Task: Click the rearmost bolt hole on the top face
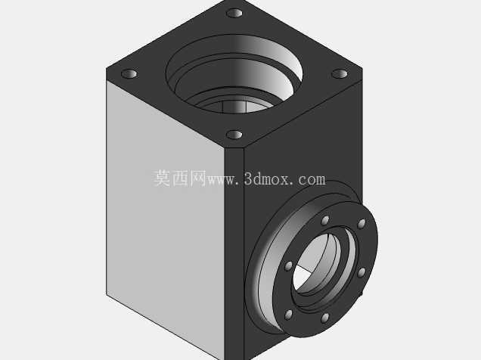coord(234,13)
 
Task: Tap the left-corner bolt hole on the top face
coord(129,74)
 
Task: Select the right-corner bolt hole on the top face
coord(340,74)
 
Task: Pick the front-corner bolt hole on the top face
coord(234,135)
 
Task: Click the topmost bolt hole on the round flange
coord(325,221)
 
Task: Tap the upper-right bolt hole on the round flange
coord(362,224)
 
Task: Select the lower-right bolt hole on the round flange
coord(362,272)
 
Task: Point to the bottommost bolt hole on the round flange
coord(325,318)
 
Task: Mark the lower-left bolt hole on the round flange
coord(288,315)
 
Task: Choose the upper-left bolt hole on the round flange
coord(288,266)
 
